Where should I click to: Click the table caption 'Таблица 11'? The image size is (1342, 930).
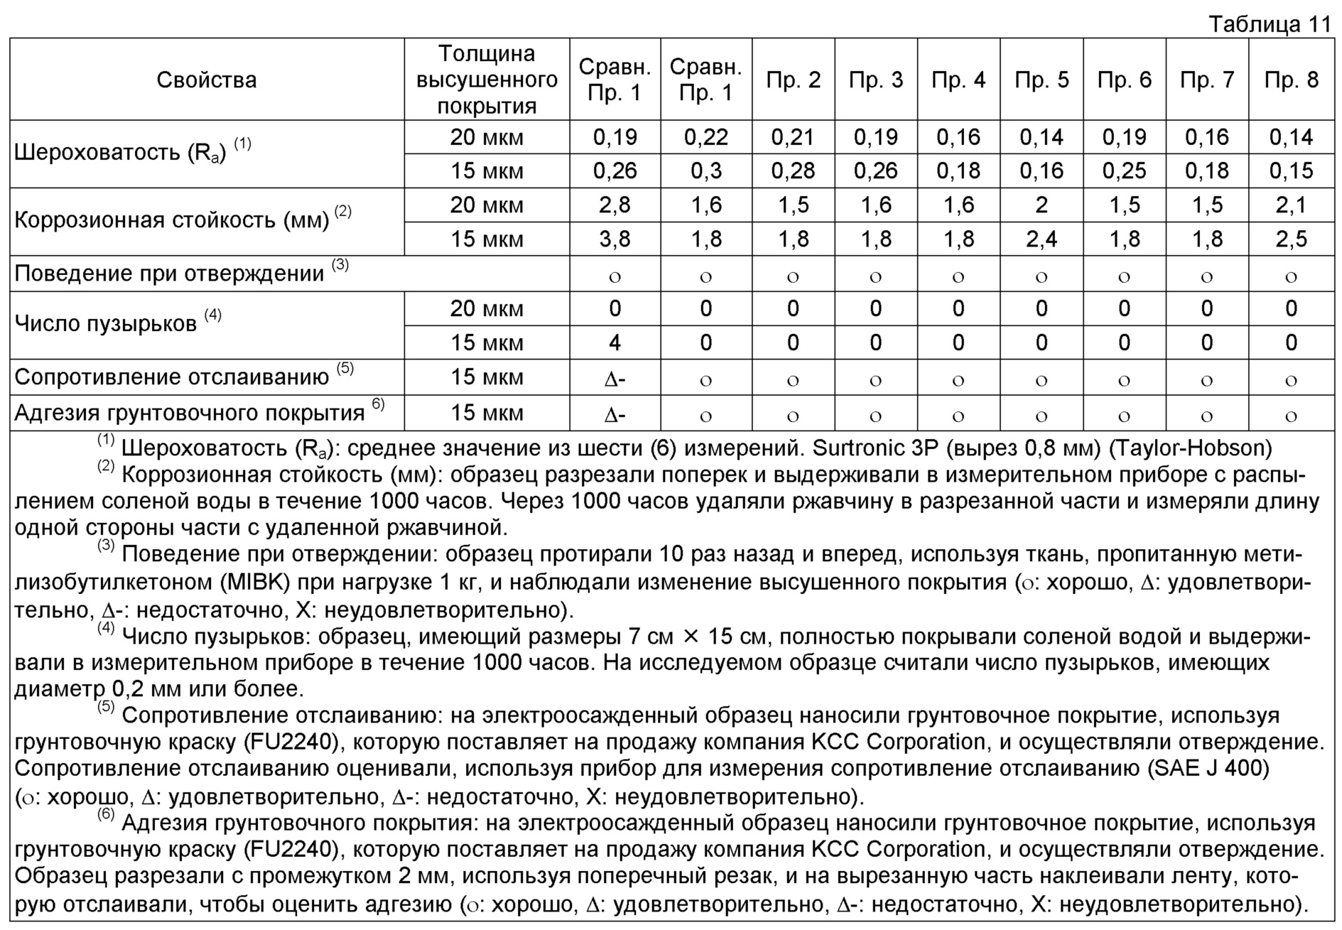pos(1270,25)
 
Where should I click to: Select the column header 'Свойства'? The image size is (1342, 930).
pos(206,80)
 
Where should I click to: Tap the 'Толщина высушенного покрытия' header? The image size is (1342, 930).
pos(487,80)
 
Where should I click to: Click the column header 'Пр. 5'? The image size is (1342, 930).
pos(1041,80)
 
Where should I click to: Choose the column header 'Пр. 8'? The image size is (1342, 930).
pos(1291,80)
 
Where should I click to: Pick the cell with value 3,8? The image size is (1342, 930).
pos(615,239)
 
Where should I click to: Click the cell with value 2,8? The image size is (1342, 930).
pos(615,205)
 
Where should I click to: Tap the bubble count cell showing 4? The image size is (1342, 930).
pos(615,343)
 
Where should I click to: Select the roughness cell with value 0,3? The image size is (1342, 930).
pos(705,171)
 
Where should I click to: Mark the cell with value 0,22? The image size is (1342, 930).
pos(705,137)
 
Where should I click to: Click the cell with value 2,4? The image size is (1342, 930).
pos(1041,239)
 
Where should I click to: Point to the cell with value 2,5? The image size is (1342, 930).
pos(1291,239)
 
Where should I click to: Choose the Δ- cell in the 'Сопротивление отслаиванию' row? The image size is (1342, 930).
pos(615,379)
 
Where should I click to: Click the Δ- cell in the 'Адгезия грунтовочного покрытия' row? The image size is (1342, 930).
pos(615,414)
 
